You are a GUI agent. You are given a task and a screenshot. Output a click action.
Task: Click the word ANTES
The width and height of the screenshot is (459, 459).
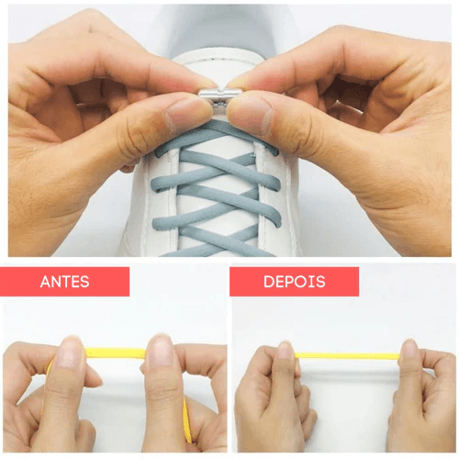(64, 282)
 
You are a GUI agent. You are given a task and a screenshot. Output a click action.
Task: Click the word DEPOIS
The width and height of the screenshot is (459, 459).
(295, 282)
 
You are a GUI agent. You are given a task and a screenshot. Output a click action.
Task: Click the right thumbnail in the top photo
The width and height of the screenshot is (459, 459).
(250, 117)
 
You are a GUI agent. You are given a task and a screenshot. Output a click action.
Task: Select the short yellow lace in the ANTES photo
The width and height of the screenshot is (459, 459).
(116, 353)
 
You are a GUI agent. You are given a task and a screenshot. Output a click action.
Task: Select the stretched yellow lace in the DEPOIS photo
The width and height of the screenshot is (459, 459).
(347, 355)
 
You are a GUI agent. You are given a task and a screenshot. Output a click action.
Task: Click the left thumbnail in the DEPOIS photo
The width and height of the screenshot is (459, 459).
(285, 351)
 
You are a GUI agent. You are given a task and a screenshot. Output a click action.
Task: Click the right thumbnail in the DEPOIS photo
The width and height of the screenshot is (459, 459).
(409, 349)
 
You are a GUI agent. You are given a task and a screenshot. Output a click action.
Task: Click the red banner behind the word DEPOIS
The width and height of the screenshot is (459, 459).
(294, 282)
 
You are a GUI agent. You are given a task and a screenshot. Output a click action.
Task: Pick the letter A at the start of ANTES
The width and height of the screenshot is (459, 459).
(45, 282)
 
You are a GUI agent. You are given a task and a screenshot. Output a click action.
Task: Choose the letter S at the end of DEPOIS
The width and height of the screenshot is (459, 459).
(320, 282)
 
